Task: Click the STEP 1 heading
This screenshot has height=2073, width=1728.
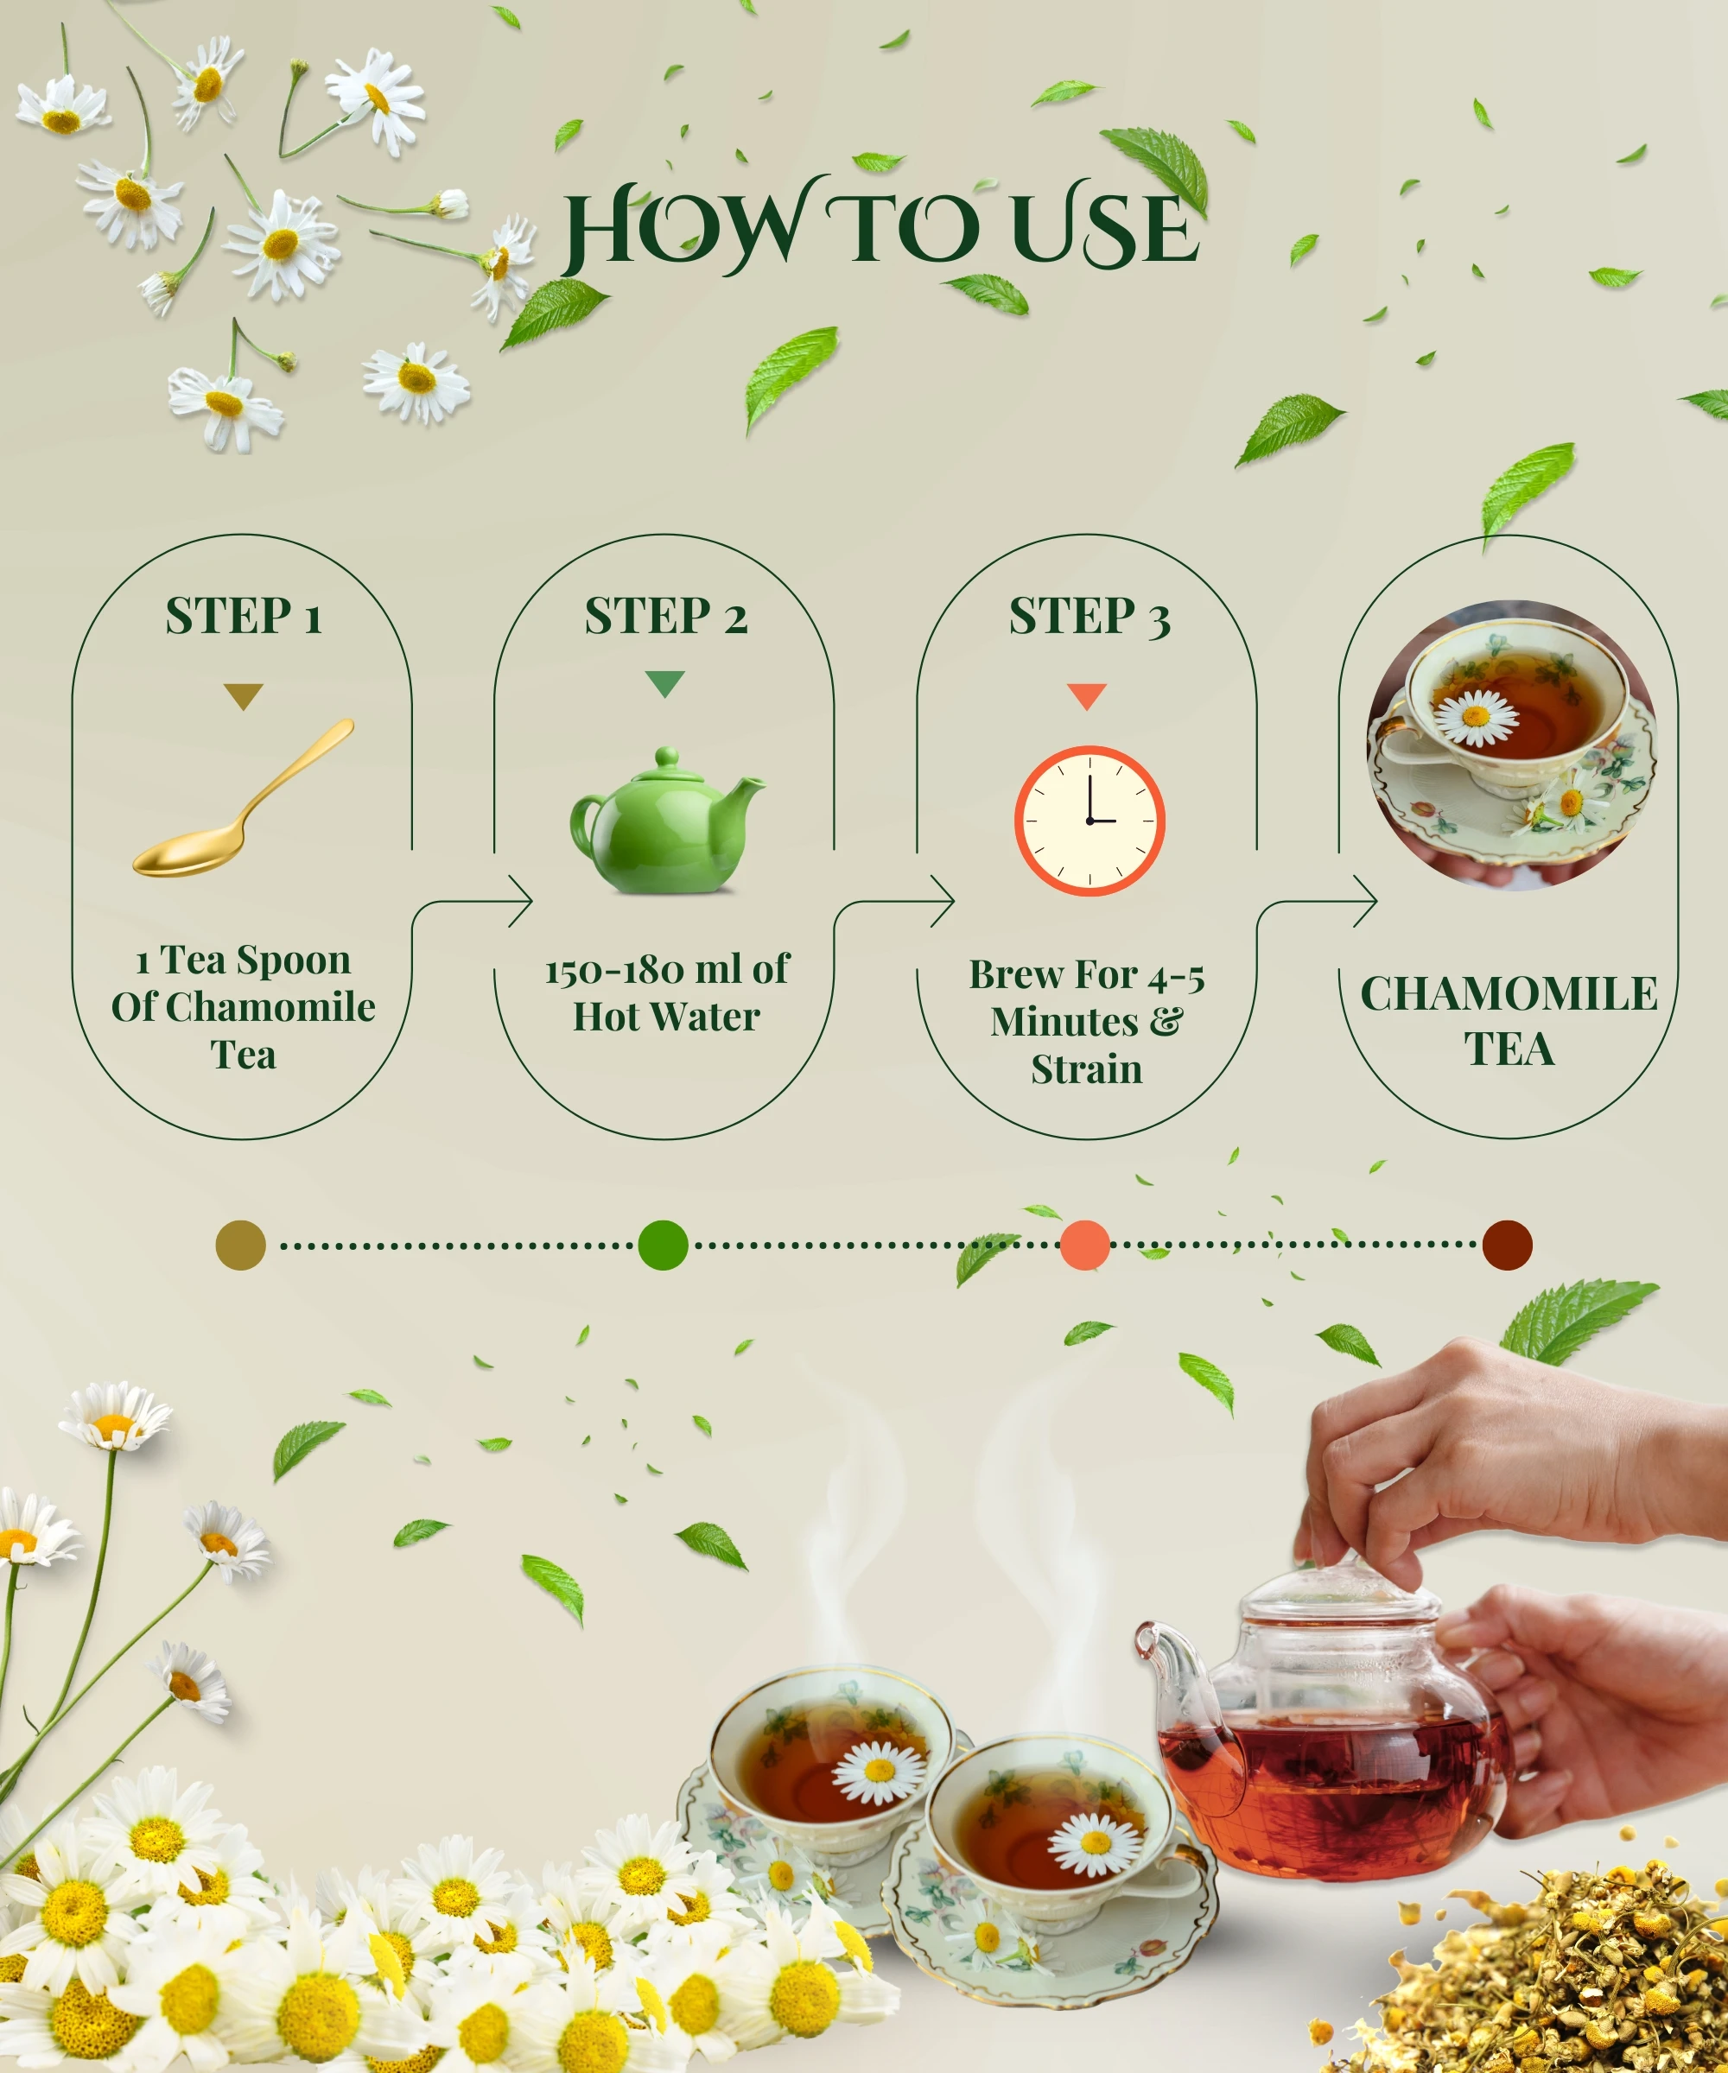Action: coord(243,616)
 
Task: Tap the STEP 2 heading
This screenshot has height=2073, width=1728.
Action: coord(665,616)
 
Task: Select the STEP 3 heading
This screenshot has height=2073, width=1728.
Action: coord(1090,616)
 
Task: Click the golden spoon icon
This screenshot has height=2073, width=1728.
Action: coord(244,796)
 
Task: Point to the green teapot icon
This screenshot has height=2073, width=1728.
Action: coord(666,821)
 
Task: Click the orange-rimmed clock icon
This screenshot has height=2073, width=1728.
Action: coord(1090,821)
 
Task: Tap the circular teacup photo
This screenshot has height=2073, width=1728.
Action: coord(1511,745)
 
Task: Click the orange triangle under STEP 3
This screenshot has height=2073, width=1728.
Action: coord(1087,697)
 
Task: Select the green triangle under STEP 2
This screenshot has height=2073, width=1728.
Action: coord(664,684)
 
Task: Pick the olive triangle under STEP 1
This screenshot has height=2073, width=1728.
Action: coord(243,697)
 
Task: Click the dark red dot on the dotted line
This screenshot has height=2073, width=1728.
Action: coord(1507,1245)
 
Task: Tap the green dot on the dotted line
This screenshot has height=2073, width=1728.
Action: coord(663,1245)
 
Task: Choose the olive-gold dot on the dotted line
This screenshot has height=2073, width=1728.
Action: coord(241,1245)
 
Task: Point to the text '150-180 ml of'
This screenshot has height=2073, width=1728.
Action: coord(668,969)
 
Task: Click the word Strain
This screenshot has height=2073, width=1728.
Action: coord(1086,1069)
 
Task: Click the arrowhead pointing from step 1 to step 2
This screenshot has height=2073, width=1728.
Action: coord(521,900)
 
